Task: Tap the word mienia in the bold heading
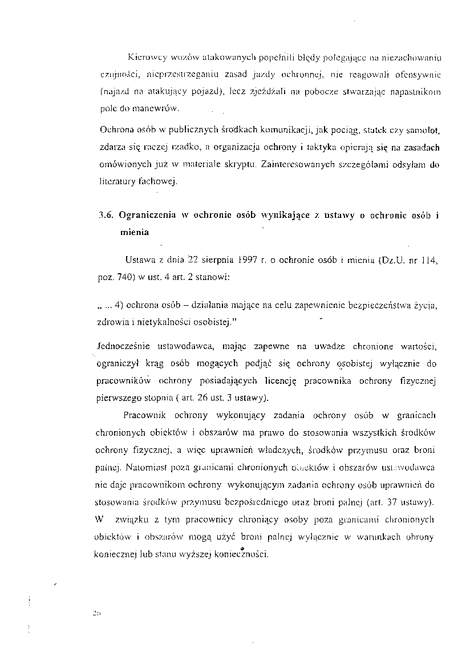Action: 134,232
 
